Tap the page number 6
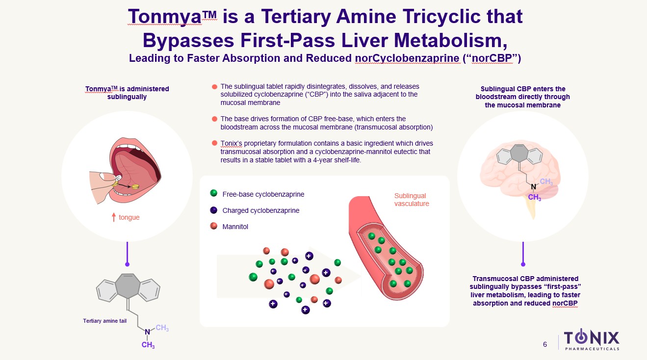(x=545, y=344)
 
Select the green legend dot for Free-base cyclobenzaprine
(x=213, y=194)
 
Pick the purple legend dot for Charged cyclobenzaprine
(x=213, y=210)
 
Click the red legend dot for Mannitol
(x=213, y=226)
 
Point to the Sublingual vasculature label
(x=412, y=200)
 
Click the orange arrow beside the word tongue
(x=114, y=217)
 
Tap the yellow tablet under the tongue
(x=135, y=186)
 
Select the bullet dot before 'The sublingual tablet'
(x=214, y=87)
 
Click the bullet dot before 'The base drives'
(x=214, y=119)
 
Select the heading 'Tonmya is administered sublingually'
(x=127, y=93)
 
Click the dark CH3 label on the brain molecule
(x=534, y=197)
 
